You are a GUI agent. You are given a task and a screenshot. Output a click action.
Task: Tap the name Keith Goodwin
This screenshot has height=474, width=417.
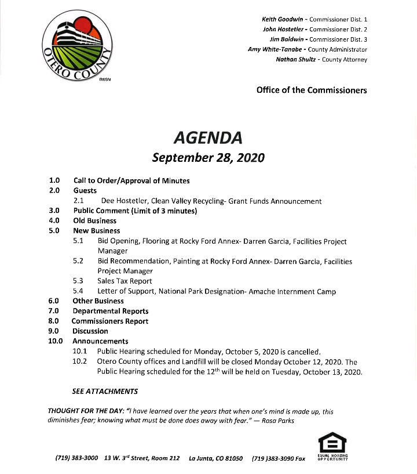[x=280, y=20]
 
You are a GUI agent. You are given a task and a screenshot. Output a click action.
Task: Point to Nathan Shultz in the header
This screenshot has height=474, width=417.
[x=297, y=59]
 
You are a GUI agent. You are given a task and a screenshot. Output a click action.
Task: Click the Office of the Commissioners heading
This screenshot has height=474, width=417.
[x=311, y=90]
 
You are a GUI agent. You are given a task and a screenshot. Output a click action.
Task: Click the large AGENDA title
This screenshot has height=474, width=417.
[x=208, y=138]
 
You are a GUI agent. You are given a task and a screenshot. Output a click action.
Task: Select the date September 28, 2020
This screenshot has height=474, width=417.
[x=208, y=157]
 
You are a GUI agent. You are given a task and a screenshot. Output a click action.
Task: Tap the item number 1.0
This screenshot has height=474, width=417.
[x=54, y=180]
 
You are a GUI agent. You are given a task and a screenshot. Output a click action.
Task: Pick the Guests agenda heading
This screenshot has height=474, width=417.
[x=85, y=190]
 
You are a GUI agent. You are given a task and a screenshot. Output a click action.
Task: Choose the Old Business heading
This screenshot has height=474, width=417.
[x=94, y=220]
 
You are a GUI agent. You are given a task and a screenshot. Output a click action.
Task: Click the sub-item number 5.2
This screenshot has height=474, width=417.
[x=78, y=261]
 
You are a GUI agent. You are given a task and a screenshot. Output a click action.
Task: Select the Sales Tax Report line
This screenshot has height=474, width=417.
[x=125, y=281]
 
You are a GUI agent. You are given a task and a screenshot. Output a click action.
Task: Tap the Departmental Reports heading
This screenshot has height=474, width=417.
[x=110, y=311]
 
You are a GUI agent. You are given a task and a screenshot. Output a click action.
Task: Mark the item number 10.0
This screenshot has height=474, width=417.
[x=56, y=341]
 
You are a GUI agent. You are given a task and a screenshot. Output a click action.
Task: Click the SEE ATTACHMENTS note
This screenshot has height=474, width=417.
[x=104, y=391]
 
